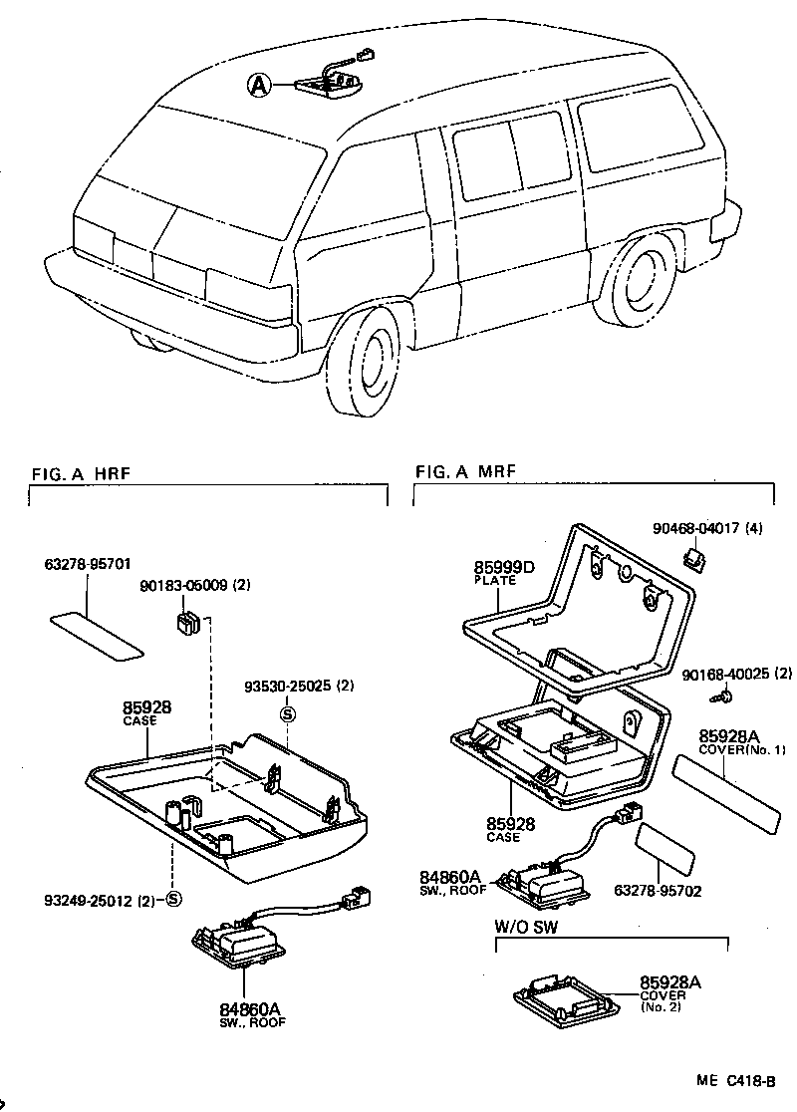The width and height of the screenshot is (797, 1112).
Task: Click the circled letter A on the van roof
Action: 259,87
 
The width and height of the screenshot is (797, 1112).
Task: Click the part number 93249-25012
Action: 86,900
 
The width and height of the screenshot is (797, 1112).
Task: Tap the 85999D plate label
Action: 504,569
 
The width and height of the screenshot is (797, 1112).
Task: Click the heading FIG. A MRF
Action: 465,470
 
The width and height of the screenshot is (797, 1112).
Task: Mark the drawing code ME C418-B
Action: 736,1080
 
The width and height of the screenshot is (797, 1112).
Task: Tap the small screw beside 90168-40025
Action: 728,693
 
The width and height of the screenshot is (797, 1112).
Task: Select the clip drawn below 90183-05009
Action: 185,625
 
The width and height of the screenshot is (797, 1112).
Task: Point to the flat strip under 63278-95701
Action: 97,636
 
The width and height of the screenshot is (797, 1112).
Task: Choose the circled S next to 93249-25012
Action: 172,900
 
